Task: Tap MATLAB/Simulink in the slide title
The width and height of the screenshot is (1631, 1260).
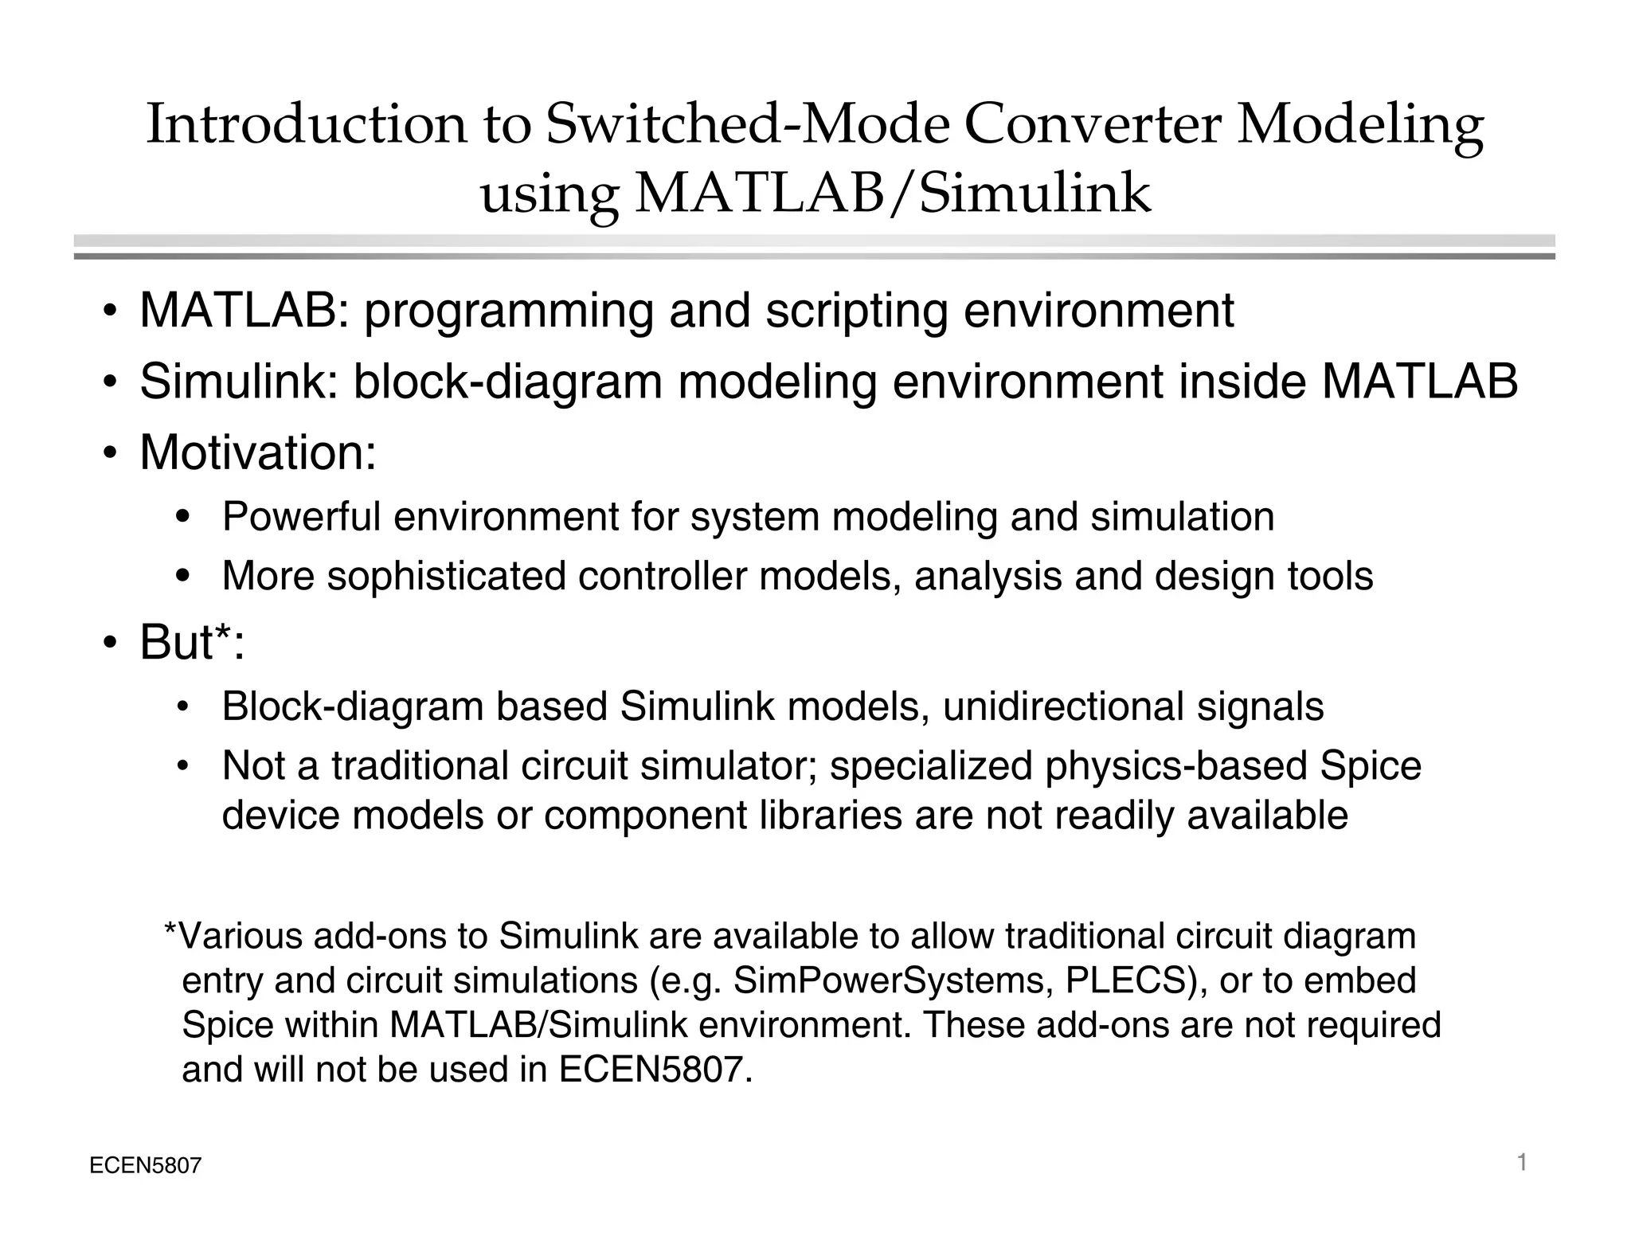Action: (x=893, y=194)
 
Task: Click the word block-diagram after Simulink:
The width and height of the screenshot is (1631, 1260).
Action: (x=508, y=382)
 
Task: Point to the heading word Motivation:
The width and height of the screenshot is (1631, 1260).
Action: (x=258, y=452)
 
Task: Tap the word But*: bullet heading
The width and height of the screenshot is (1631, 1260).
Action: (x=192, y=642)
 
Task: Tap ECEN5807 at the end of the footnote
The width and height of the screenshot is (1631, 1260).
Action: (x=655, y=1070)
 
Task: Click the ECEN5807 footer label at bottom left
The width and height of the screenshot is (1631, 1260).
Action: (x=146, y=1167)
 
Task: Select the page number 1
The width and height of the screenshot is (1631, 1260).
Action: (x=1522, y=1164)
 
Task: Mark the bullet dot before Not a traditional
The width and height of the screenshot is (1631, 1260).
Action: (x=182, y=767)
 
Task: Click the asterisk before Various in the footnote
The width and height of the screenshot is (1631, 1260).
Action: (x=170, y=929)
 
